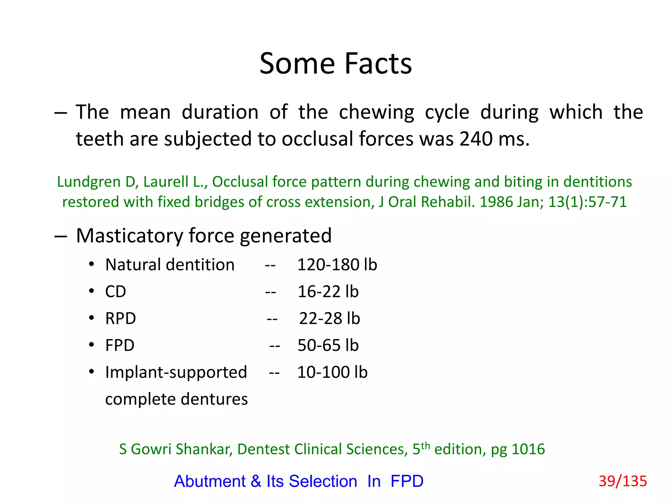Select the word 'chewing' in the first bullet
376,113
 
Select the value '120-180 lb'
337,265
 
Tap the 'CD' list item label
115,292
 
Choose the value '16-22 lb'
328,292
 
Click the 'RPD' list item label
120,319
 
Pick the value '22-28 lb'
329,319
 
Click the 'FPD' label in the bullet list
120,346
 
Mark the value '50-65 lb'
328,346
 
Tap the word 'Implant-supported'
176,372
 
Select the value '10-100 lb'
332,372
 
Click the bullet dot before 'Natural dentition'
92,264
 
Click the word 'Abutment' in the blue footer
210,481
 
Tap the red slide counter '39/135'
622,481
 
